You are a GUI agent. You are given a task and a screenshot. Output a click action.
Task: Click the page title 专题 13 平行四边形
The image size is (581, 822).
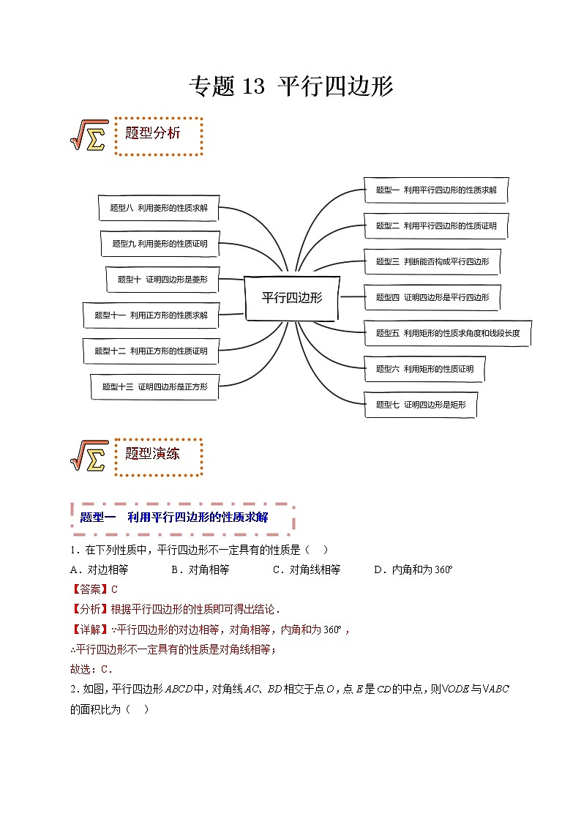coord(290,87)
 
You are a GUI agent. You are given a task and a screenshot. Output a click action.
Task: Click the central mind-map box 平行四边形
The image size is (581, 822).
coord(291,298)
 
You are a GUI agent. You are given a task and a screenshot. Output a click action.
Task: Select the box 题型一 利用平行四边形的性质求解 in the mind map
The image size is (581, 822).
coord(436,190)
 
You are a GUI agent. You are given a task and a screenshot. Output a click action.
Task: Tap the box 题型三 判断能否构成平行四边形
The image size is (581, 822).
coord(432,261)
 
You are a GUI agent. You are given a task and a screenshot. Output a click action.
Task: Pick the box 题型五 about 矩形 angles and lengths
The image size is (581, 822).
coord(447,333)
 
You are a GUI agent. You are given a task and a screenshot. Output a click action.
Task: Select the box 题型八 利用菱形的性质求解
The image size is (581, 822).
coord(158,208)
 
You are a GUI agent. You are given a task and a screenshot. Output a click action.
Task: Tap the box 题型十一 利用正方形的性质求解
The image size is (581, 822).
coord(151,315)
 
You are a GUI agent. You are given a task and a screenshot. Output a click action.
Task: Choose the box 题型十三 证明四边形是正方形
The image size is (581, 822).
coord(154,386)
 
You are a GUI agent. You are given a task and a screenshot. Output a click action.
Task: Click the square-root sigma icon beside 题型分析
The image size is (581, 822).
coord(88,135)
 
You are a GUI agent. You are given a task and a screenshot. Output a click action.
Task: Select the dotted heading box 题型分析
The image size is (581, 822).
coord(158,135)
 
